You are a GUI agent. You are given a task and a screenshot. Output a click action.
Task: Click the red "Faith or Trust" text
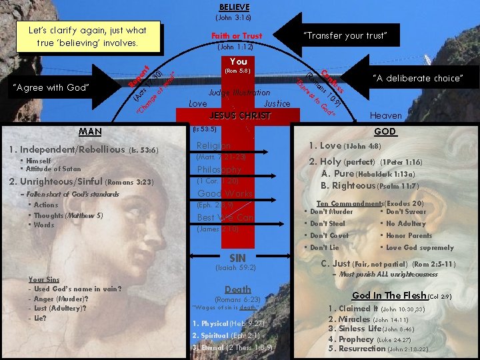237,35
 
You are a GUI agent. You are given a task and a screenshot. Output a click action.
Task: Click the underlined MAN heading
90,131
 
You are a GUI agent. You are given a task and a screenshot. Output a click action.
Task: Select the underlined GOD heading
385,132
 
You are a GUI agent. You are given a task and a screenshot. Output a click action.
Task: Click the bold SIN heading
237,258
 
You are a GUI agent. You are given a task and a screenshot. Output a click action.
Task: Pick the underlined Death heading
238,289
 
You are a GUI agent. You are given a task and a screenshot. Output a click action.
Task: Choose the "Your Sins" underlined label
44,279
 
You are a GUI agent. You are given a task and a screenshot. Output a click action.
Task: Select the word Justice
277,103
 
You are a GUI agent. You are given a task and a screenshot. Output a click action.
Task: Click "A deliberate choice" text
417,79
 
